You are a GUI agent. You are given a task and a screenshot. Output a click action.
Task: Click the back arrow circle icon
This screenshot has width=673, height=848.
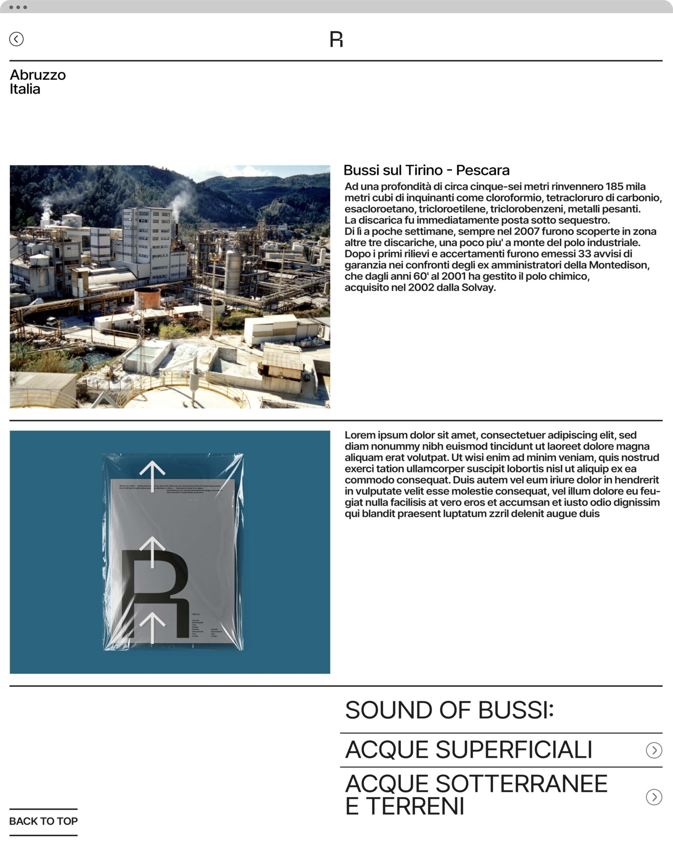coord(16,39)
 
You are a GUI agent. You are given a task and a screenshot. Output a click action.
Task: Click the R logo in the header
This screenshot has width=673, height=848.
coord(336,39)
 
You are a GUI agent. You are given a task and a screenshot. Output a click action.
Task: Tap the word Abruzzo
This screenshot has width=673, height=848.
coord(38,75)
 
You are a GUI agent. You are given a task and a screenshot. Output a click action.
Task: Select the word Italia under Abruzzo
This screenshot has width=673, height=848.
coord(25,89)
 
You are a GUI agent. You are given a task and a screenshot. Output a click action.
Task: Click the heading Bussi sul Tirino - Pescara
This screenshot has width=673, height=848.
coord(426,170)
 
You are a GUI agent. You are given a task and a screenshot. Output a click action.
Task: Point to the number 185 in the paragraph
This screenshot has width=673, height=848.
coord(614,186)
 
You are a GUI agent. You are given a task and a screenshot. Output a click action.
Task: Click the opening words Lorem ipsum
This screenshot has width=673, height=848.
coord(376,435)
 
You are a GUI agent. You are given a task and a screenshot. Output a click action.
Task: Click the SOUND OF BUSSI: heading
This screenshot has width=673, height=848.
coord(449,710)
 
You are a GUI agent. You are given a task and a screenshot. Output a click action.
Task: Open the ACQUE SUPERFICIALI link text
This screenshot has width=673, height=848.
coord(468,750)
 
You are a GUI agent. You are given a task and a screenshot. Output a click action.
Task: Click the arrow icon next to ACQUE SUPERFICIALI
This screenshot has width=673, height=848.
coord(654,750)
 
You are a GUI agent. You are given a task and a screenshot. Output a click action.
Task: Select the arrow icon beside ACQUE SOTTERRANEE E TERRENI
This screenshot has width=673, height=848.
coord(654,797)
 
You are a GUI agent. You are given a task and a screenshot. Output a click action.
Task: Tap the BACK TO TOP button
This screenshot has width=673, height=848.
coord(43,821)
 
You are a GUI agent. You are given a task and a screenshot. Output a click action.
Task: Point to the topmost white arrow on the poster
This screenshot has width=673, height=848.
coord(152,475)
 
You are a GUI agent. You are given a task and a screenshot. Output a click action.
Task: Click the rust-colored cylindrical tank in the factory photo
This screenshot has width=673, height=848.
coord(147,298)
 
